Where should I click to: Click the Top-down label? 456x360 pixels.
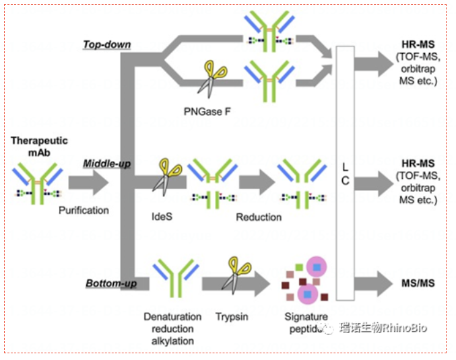click(106, 45)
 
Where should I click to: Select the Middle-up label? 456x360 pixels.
click(106, 164)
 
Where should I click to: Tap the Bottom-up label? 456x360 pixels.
click(111, 283)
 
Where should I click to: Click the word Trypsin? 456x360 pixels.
click(232, 316)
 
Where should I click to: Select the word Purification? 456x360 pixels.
click(84, 210)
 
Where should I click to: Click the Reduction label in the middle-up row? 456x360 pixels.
click(259, 217)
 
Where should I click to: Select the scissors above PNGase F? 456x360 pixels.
click(212, 77)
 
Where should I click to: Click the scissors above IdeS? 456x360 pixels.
click(165, 177)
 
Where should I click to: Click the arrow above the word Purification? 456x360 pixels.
click(88, 181)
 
